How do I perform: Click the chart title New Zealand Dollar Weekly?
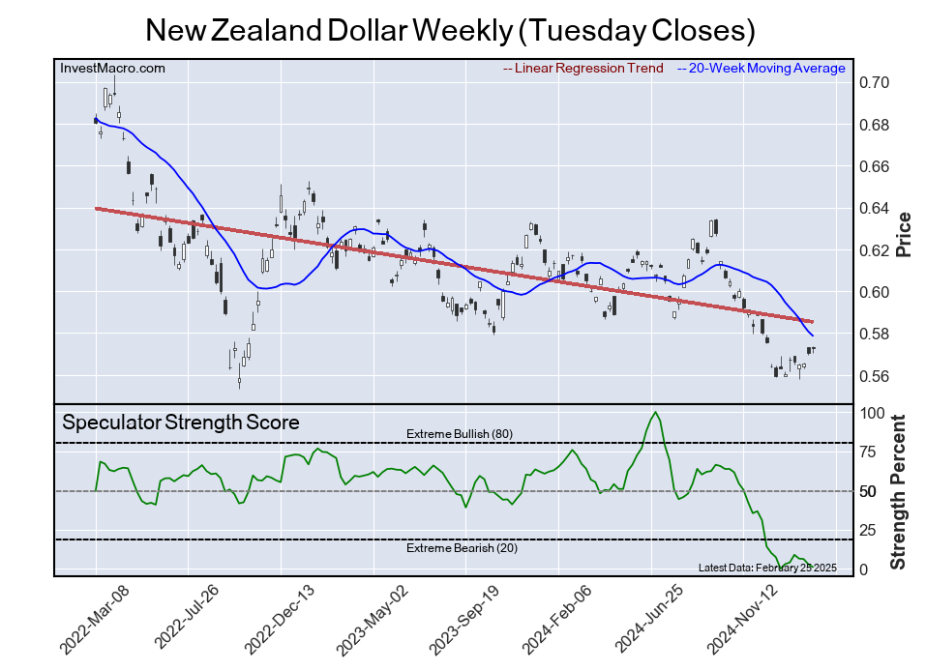(449, 30)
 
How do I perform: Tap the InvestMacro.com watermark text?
(112, 68)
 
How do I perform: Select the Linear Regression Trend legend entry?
(583, 68)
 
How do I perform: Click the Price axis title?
(904, 233)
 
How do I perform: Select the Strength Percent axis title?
(899, 491)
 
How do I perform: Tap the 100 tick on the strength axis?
(873, 413)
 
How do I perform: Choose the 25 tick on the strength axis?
(869, 530)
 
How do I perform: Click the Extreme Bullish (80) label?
(459, 434)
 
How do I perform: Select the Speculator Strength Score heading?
(181, 423)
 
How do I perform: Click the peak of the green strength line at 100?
(656, 413)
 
